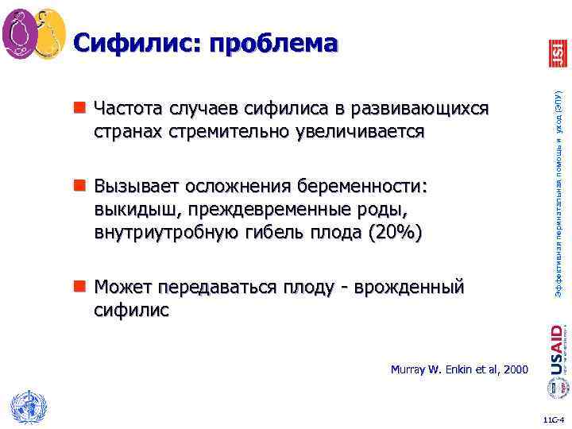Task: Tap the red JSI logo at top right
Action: click(x=558, y=53)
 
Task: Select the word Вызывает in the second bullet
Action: click(x=135, y=187)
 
